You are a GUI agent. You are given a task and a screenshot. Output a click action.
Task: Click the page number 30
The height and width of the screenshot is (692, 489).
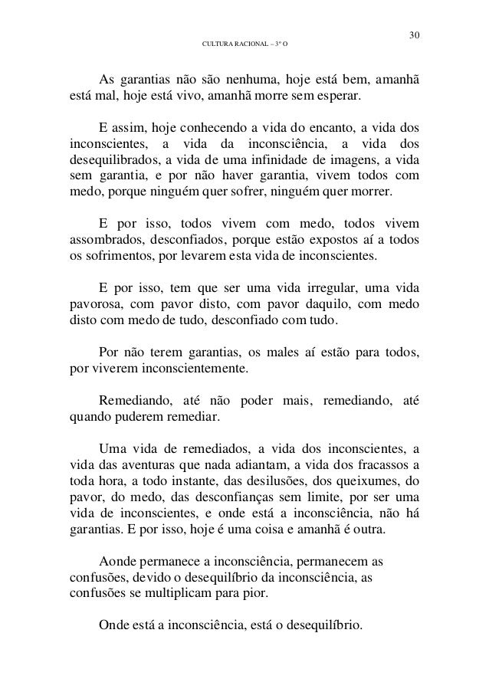pos(415,35)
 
